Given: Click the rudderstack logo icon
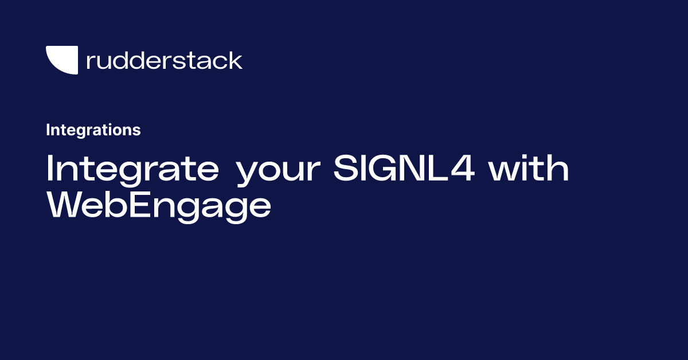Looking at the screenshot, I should (61, 60).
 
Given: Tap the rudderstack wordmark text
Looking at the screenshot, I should (164, 60).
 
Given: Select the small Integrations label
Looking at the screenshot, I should (93, 130).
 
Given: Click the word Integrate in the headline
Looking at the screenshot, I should (132, 169).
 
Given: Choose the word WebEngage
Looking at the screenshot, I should (158, 205).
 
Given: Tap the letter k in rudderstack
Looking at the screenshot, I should (235, 60).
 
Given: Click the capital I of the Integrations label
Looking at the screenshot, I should (48, 130).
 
